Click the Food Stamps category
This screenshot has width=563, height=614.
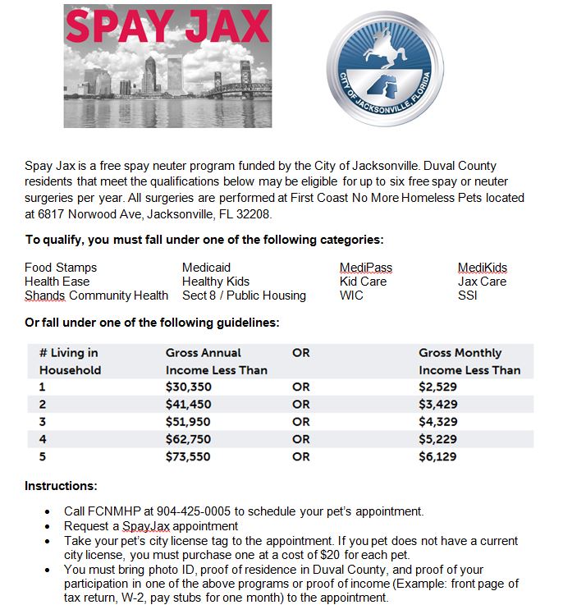pos(61,268)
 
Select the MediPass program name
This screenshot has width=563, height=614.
pos(366,268)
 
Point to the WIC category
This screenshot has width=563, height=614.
pos(351,296)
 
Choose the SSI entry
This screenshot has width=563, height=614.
pos(467,296)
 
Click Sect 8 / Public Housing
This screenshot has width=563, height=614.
pos(244,296)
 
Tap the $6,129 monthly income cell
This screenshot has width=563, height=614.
pos(437,456)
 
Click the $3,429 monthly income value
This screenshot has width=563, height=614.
pos(437,404)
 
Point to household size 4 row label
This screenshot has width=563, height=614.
pos(43,439)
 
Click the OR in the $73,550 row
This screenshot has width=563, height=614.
pos(301,456)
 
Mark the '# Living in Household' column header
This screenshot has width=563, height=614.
pos(70,361)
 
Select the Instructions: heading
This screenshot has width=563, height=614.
pos(62,486)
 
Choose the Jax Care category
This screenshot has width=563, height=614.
pos(482,282)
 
